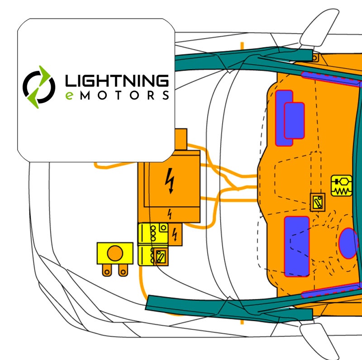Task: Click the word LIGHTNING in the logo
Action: click(117, 81)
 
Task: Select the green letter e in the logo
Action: click(69, 95)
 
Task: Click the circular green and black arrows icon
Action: click(39, 87)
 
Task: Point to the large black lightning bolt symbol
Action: click(170, 181)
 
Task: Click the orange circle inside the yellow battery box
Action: click(115, 253)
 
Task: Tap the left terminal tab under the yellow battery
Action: click(107, 270)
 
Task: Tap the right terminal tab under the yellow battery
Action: click(123, 270)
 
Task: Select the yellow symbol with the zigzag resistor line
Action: click(342, 185)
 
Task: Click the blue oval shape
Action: click(348, 243)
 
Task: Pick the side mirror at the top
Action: click(319, 28)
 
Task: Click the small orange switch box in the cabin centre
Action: click(318, 202)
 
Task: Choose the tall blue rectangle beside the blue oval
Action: click(297, 246)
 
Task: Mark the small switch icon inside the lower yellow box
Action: click(161, 257)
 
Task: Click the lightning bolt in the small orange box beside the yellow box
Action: click(175, 234)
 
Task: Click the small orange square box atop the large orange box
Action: click(181, 139)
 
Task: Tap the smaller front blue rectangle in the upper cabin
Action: click(295, 121)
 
